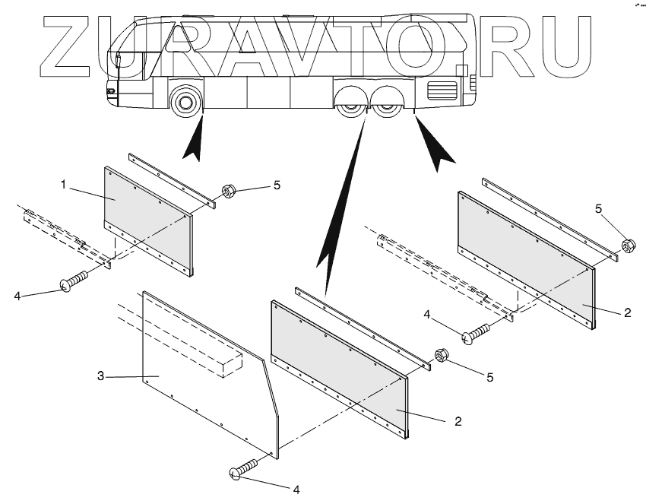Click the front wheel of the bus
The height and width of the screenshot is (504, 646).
[185, 102]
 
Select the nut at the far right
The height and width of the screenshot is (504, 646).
[628, 246]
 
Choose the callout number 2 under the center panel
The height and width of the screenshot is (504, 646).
[458, 420]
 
